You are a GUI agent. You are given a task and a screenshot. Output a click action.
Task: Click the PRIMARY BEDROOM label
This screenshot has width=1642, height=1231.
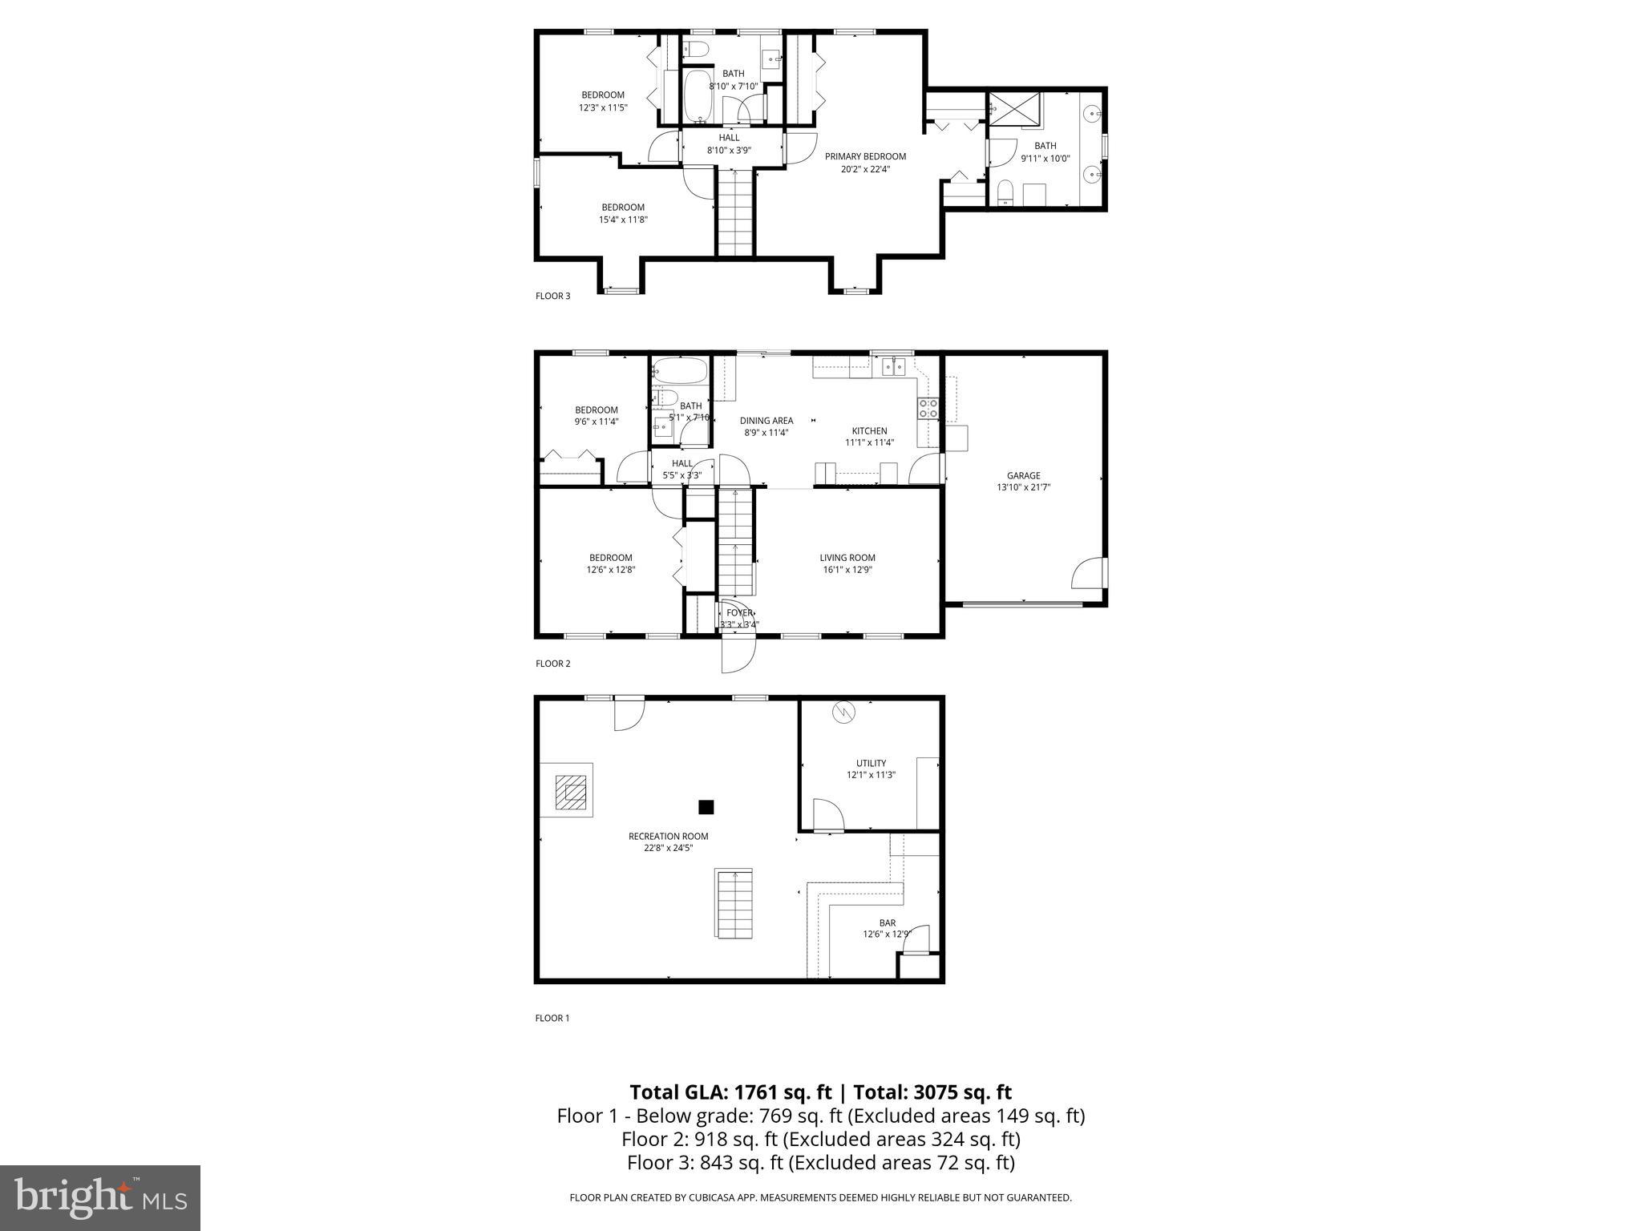[865, 156]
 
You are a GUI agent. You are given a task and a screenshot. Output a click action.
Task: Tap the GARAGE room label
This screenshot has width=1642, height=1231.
[1023, 475]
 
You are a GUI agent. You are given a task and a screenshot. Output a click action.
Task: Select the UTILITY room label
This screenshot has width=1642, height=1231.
[871, 763]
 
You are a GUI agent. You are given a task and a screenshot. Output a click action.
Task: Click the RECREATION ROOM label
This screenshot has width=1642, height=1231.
[668, 836]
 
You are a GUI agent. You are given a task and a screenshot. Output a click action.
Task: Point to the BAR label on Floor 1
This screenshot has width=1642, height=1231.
[887, 922]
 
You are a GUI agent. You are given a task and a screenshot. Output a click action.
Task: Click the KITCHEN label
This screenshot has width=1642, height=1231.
[869, 430]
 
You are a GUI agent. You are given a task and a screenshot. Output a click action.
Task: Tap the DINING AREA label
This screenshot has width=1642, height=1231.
[766, 420]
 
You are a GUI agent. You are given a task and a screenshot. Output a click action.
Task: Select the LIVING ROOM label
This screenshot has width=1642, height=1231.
[847, 558]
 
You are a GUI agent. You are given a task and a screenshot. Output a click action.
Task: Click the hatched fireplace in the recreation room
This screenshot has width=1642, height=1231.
[572, 793]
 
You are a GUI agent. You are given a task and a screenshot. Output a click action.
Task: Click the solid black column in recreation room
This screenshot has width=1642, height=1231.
[706, 807]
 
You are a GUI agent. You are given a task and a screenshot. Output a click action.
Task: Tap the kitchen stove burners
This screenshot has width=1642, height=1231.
[928, 408]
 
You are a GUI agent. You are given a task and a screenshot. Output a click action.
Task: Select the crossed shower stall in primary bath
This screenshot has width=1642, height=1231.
[1014, 108]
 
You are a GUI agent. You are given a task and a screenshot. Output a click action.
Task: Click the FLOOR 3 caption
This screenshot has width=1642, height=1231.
[552, 296]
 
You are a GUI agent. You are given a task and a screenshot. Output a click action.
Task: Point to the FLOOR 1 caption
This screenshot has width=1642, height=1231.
[552, 1018]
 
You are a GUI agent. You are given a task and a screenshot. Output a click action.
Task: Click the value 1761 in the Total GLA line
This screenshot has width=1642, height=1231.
[754, 1092]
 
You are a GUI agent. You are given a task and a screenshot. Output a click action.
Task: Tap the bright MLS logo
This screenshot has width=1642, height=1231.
[100, 1197]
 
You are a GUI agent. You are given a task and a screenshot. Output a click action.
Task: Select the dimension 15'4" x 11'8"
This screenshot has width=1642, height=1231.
[623, 219]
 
